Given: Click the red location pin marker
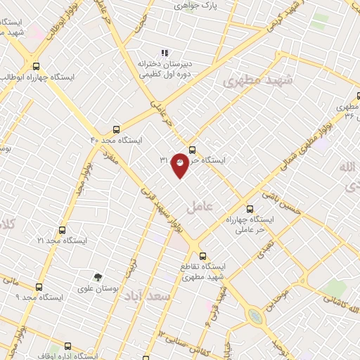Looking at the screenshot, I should [180, 165].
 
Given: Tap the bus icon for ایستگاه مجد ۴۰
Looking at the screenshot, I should [117, 129].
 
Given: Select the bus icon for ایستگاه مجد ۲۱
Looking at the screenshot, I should [63, 230].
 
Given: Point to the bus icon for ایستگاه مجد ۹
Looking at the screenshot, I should [39, 287].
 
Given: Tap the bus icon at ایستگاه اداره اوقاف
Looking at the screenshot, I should [68, 346].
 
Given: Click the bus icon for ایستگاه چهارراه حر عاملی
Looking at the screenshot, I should [250, 208].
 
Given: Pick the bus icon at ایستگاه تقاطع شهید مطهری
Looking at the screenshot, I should [202, 255].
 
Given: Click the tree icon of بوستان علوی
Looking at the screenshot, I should [98, 276].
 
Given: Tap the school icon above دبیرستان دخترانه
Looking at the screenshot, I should [165, 52].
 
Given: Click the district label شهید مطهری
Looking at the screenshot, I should [252, 81].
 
